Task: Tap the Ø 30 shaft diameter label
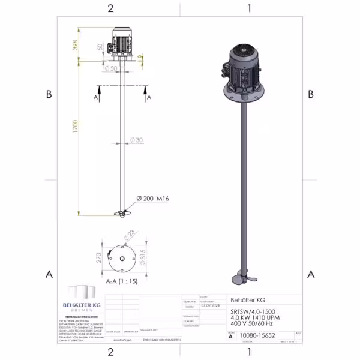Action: (137, 141)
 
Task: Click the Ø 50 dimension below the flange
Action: (112, 68)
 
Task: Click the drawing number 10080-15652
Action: (257, 337)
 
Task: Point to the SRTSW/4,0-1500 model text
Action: (253, 313)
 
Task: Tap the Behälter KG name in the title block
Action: (248, 300)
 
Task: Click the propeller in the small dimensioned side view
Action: (122, 213)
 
